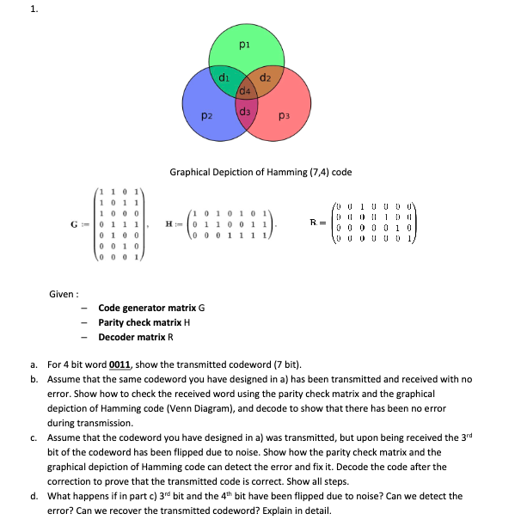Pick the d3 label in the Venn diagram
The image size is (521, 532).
[245, 111]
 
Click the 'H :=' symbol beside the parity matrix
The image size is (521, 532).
[174, 223]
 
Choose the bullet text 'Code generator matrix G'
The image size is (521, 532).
[151, 308]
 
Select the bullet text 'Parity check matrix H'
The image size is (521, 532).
[144, 322]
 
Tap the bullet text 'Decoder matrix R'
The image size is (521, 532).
[135, 337]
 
